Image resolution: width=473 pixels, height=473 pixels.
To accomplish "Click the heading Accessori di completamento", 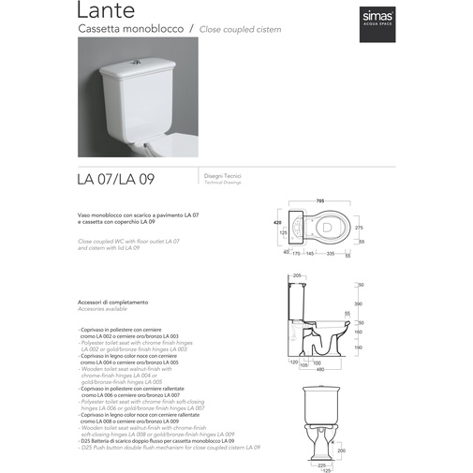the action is click(x=113, y=303).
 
